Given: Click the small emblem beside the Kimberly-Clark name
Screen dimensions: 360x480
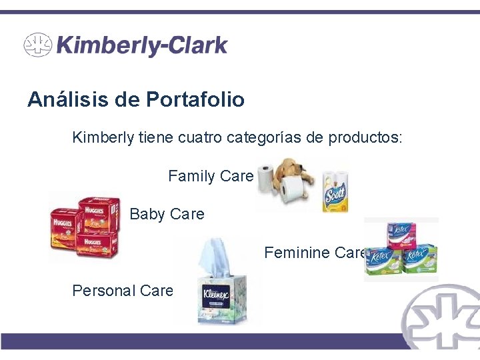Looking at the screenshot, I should tap(37, 45).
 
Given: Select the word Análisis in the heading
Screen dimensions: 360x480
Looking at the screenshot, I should tap(69, 100).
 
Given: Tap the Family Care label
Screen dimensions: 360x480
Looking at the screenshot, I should tap(211, 176).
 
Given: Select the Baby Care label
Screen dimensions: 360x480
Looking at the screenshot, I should tap(167, 214).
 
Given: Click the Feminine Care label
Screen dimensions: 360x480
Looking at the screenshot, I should tap(315, 253).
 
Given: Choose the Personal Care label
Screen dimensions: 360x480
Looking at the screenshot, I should tap(123, 291).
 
